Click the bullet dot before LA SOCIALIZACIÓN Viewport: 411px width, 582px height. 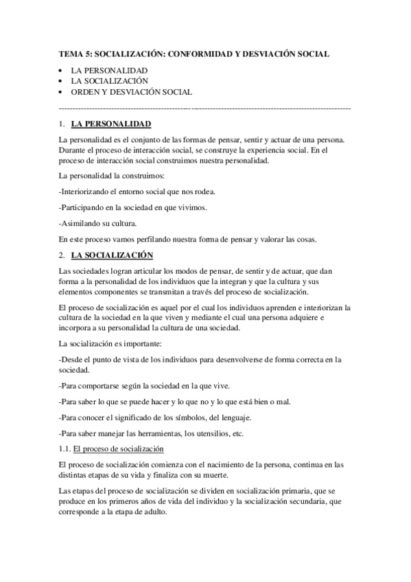[x=62, y=81]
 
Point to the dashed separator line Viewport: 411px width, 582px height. [x=205, y=108]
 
